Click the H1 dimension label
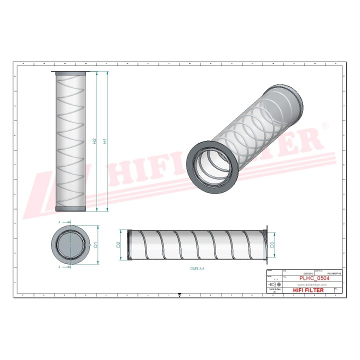point(105,141)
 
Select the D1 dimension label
point(95,245)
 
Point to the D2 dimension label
point(118,245)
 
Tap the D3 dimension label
point(271,244)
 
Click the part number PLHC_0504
point(314,278)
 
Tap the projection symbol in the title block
point(274,284)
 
